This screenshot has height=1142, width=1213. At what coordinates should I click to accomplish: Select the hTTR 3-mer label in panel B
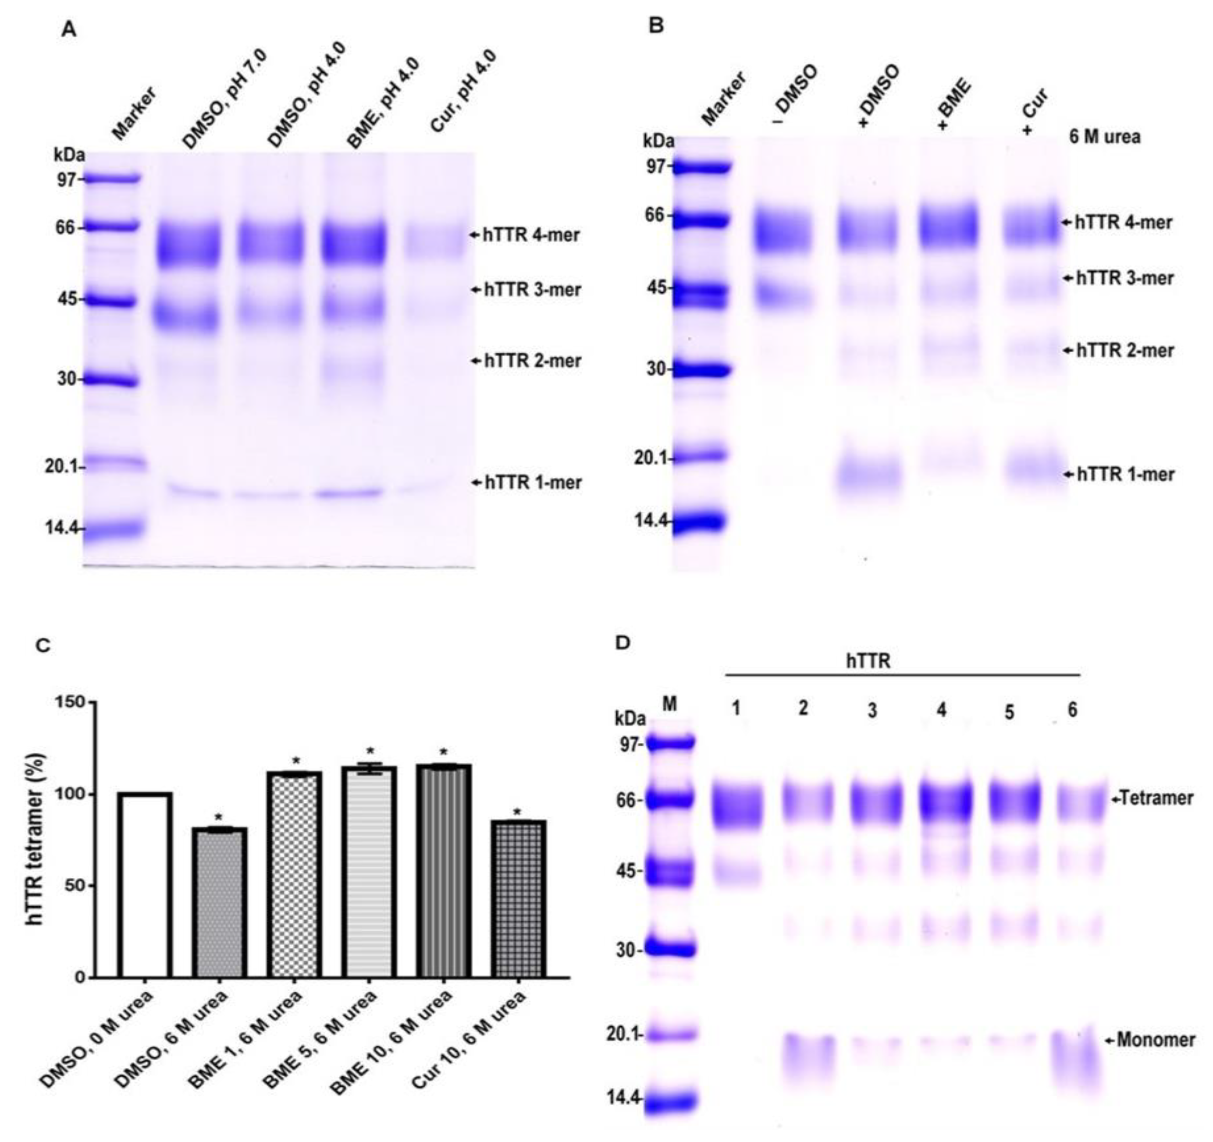tap(1124, 279)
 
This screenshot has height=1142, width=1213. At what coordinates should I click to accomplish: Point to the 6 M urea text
tap(1104, 137)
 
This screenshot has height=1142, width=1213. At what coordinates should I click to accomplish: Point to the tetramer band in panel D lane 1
tap(737, 805)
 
